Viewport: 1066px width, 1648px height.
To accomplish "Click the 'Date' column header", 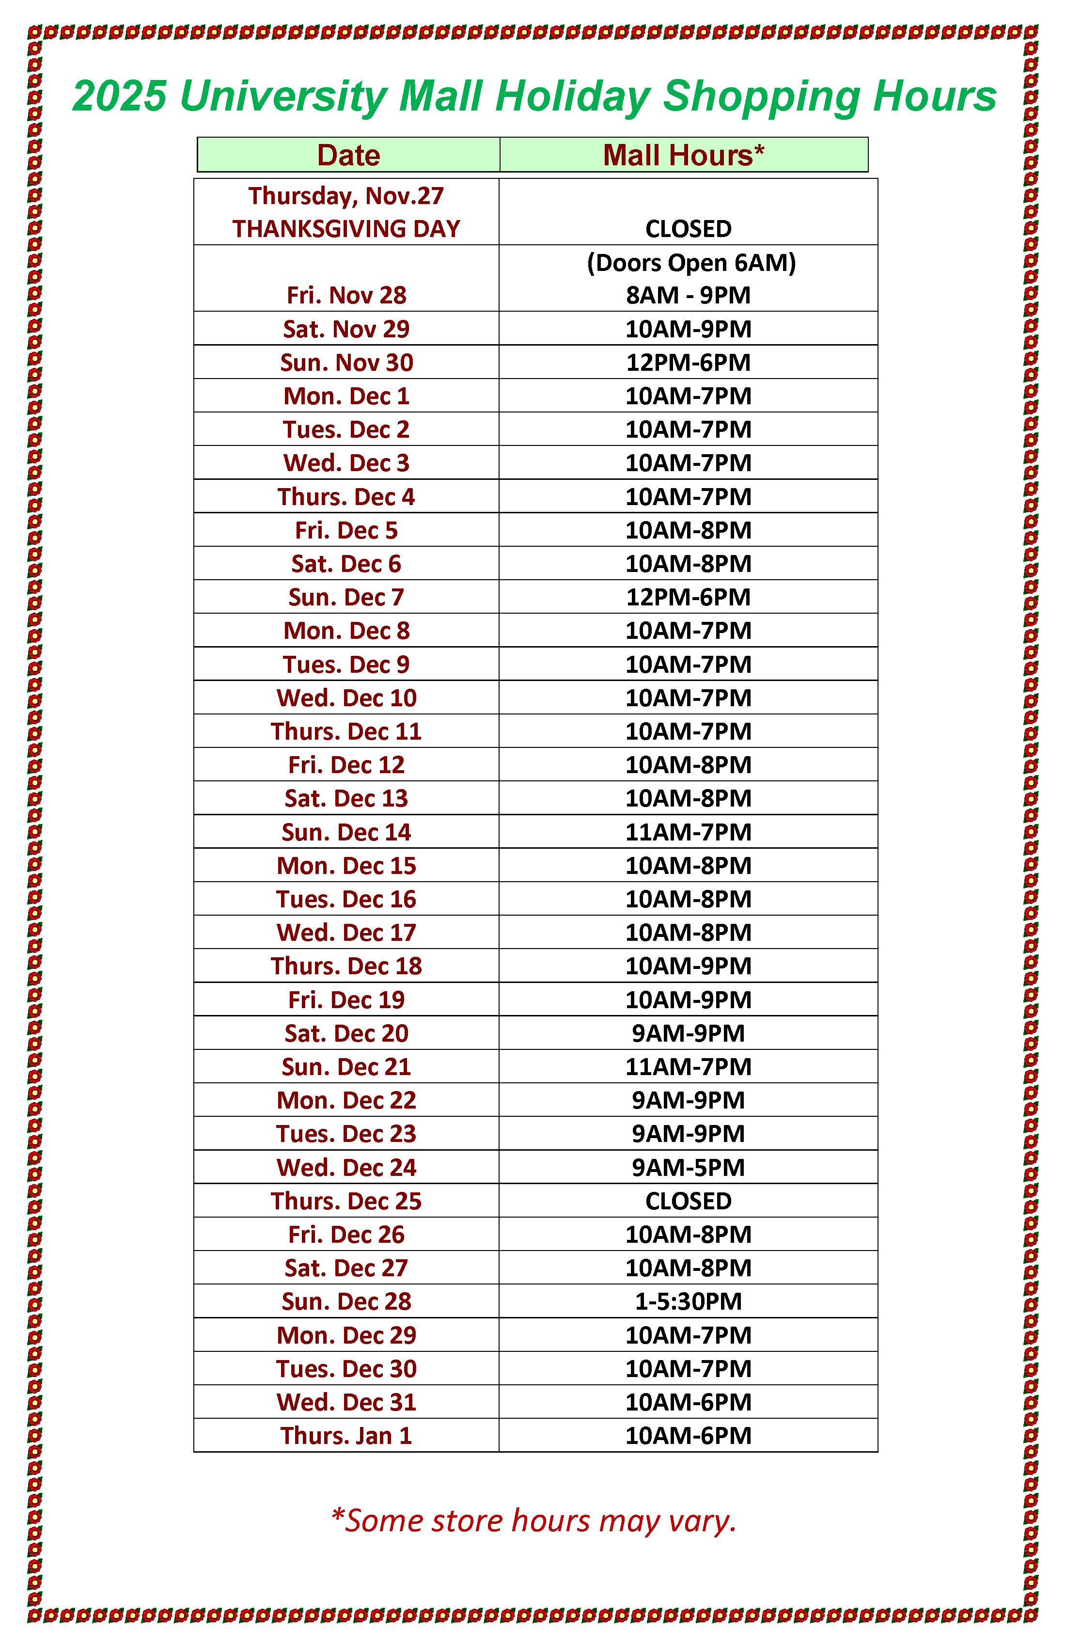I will point(348,155).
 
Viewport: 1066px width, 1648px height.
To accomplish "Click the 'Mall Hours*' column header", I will point(683,155).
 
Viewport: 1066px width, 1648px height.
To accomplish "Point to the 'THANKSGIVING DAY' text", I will point(346,228).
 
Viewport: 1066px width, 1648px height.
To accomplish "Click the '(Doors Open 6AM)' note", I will point(691,262).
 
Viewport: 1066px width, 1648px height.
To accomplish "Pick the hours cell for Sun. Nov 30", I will point(688,362).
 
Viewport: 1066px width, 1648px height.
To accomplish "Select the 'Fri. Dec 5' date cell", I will point(346,530).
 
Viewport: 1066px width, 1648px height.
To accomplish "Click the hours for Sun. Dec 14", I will point(688,832).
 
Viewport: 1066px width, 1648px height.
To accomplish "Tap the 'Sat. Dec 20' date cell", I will point(346,1033).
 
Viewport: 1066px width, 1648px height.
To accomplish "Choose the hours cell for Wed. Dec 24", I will point(688,1168).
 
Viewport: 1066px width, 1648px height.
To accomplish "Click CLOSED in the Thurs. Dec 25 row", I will point(688,1201).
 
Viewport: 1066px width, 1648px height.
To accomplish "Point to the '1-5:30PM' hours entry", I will point(688,1301).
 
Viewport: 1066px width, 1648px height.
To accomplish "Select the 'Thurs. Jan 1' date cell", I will point(346,1435).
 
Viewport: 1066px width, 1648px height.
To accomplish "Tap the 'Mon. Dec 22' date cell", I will point(346,1100).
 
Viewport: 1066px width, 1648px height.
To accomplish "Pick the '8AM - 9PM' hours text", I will point(688,295).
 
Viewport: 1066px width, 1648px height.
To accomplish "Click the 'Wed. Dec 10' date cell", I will point(346,698).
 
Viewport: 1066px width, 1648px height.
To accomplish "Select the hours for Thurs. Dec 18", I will point(688,966).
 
